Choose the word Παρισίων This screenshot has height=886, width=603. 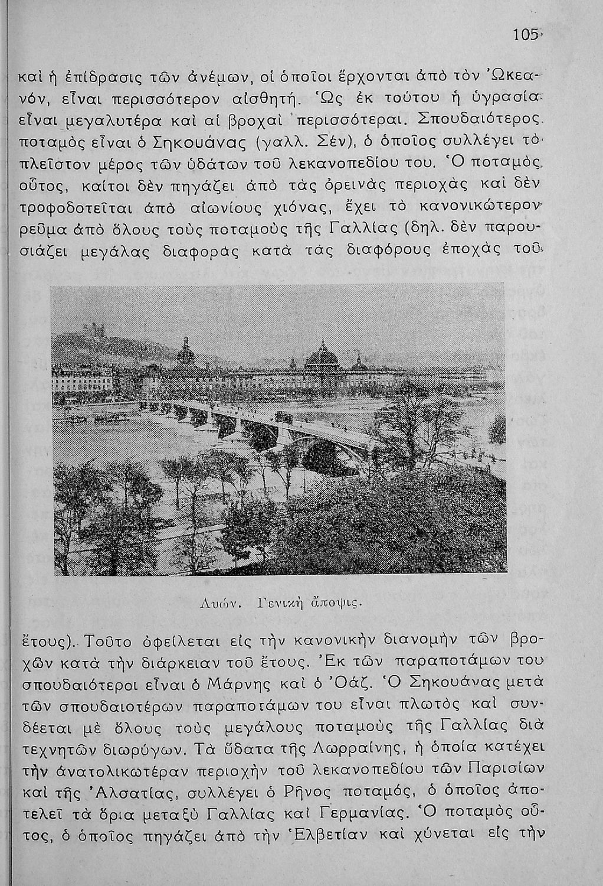(x=505, y=773)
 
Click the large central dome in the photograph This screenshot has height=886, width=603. (x=322, y=356)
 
